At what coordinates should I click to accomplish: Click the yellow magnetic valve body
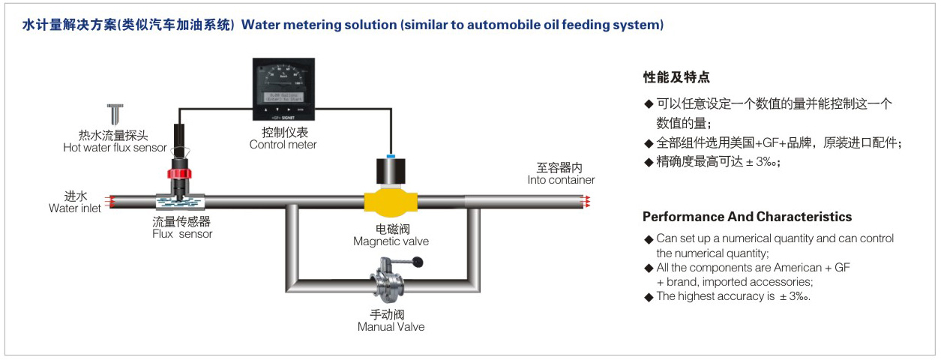coord(391,202)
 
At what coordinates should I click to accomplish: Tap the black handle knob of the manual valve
coord(418,262)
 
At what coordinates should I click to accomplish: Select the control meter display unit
coord(283,90)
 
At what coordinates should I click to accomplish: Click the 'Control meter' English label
coord(283,145)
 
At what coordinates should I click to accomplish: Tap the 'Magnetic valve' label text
coord(391,241)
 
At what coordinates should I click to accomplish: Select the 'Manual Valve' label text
coord(391,327)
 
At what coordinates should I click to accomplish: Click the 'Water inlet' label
coord(75,208)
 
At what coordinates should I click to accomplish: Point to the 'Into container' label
coord(561,180)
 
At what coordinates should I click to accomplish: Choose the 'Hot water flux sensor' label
coord(115,148)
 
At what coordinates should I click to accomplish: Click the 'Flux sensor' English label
coord(182,234)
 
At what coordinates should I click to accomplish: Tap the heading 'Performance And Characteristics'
coord(747,217)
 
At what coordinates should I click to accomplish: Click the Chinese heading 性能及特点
coord(676,77)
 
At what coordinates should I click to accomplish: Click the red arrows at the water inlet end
coord(109,201)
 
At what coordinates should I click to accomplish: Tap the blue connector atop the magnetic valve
coord(391,155)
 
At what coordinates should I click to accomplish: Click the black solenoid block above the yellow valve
coord(391,173)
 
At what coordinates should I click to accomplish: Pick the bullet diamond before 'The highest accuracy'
coord(649,297)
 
